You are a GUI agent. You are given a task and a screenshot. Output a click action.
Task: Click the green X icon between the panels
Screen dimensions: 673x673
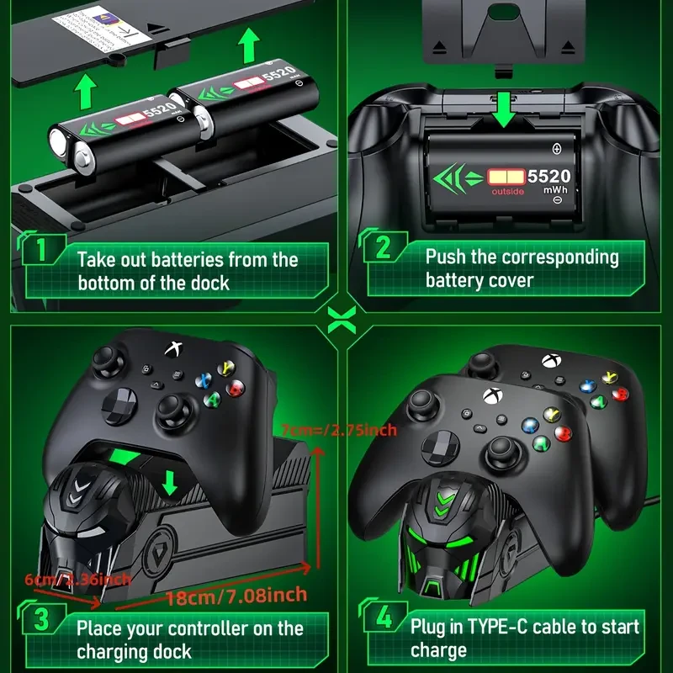[337, 319]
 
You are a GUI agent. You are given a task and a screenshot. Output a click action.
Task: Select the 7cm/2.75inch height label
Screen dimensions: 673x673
[339, 431]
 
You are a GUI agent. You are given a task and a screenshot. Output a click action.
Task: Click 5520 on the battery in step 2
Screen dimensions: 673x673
[548, 177]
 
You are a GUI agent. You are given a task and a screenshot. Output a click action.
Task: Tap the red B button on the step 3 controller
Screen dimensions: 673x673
[238, 388]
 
